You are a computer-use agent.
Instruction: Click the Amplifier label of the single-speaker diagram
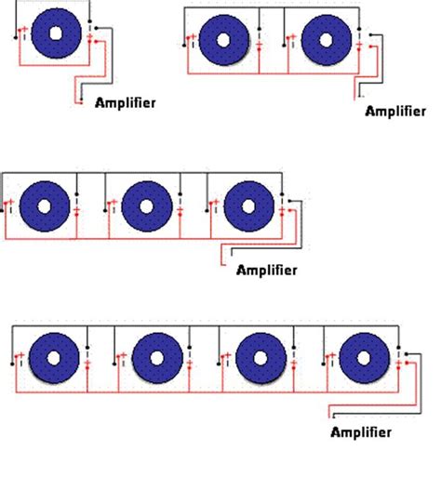[x=126, y=103]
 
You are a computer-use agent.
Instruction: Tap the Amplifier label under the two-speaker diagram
[x=395, y=112]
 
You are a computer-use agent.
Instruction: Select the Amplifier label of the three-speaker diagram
[x=266, y=271]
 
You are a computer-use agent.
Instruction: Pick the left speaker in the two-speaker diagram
[x=223, y=41]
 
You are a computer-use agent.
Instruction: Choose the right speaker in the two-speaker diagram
[x=327, y=41]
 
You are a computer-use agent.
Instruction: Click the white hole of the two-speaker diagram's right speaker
[x=327, y=41]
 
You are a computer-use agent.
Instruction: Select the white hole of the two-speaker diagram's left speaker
[x=223, y=41]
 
